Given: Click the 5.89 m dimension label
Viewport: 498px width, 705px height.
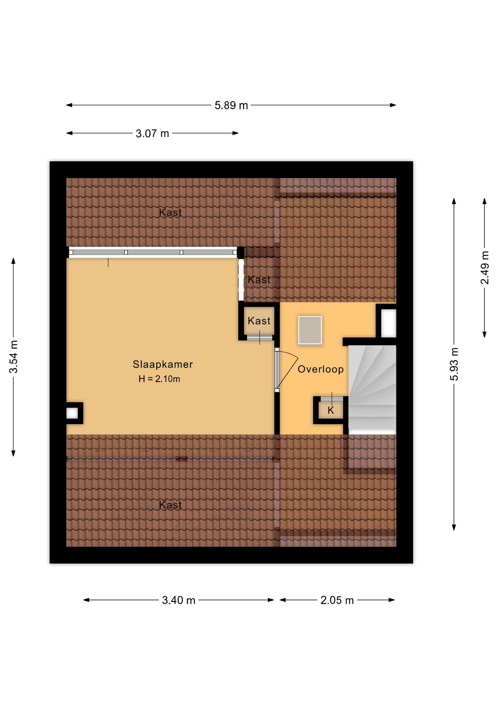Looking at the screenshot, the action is tap(231, 105).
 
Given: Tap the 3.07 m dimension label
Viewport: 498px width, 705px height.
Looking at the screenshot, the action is tap(152, 133).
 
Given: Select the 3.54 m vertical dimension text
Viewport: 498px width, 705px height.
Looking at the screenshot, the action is tap(14, 357).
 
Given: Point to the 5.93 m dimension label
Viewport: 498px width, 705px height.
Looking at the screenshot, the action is tap(454, 364).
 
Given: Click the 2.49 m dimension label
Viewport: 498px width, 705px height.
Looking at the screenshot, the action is tap(485, 268).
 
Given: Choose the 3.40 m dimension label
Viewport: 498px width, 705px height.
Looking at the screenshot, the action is tap(179, 600).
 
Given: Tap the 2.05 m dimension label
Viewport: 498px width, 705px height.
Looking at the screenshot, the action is tap(337, 600).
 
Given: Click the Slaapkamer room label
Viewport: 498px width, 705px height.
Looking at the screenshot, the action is tap(162, 364).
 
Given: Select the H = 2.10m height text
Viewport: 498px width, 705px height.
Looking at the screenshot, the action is tap(159, 379).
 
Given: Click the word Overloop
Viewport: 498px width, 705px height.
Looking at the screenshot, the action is tap(321, 369).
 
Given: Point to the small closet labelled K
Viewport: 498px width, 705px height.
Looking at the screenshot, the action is tap(330, 411).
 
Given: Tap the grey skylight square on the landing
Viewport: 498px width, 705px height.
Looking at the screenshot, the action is tap(310, 330).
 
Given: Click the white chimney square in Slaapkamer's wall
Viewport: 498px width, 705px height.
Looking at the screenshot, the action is tap(72, 413).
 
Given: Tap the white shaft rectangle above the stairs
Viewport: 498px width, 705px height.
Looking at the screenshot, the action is tap(388, 323).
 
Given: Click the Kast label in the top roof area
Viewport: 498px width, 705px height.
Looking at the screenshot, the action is tap(171, 212).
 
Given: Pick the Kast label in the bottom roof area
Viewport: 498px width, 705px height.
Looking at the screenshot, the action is tap(171, 505).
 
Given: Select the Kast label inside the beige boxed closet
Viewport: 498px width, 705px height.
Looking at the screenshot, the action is tap(259, 321).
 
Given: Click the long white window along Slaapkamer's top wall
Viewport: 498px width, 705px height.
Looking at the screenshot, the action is tap(153, 252).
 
